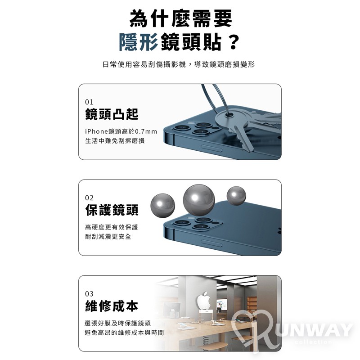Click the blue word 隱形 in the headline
[x=139, y=42]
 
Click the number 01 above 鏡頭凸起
[x=89, y=102]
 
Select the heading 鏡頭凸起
[x=112, y=114]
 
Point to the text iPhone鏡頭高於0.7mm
[x=121, y=131]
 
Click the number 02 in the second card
[x=89, y=198]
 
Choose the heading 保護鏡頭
[x=112, y=210]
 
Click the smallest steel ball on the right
[x=236, y=196]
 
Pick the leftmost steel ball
[x=162, y=206]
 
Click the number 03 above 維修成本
[x=89, y=294]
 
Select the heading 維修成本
[x=112, y=306]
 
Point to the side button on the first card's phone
[x=211, y=148]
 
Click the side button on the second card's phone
[x=211, y=243]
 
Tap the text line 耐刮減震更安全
[x=108, y=237]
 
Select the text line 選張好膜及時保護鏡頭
[x=118, y=323]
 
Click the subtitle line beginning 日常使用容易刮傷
[x=179, y=64]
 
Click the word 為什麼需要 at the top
[x=181, y=18]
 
